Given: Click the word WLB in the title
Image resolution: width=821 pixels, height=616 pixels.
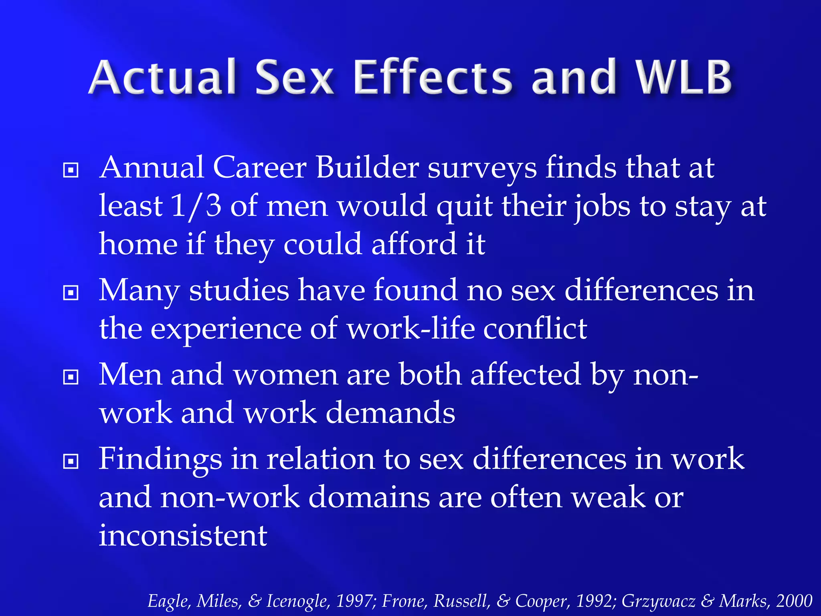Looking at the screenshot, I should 685,77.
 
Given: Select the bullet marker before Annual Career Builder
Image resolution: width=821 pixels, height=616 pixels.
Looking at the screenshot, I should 71,170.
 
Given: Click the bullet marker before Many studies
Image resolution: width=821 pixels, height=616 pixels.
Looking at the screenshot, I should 71,293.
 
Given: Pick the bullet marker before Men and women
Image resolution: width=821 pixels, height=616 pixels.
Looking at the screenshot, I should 71,377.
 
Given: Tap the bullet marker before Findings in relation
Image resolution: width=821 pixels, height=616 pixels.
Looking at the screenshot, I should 71,462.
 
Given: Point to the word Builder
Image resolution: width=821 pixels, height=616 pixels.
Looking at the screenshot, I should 367,168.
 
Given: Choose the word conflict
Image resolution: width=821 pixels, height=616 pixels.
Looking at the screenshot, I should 535,329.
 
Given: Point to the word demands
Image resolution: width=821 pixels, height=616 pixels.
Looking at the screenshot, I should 390,413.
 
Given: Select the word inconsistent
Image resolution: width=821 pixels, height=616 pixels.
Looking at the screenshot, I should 183,536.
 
